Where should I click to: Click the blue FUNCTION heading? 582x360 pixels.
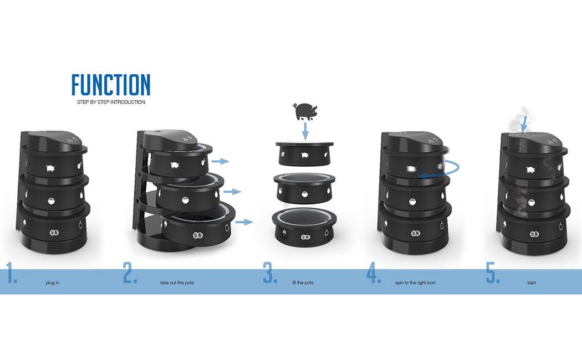[x=111, y=85]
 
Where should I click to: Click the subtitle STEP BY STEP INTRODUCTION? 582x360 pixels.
[x=111, y=102]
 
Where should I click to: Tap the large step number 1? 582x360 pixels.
[x=11, y=275]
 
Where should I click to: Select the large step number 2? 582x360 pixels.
[x=130, y=275]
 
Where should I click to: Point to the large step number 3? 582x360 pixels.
[x=270, y=275]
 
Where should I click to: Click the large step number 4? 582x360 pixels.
[x=374, y=275]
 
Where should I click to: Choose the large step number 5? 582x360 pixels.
[x=493, y=275]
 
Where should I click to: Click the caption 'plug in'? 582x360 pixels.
[x=53, y=282]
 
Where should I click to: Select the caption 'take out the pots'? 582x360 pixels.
[x=173, y=282]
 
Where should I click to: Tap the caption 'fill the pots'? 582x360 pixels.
[x=303, y=282]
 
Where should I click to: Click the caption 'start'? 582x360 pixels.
[x=532, y=282]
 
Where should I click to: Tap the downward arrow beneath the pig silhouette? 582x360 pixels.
[x=303, y=132]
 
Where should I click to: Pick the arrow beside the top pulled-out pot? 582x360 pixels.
[x=220, y=161]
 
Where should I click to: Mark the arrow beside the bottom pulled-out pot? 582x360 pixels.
[x=244, y=222]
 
